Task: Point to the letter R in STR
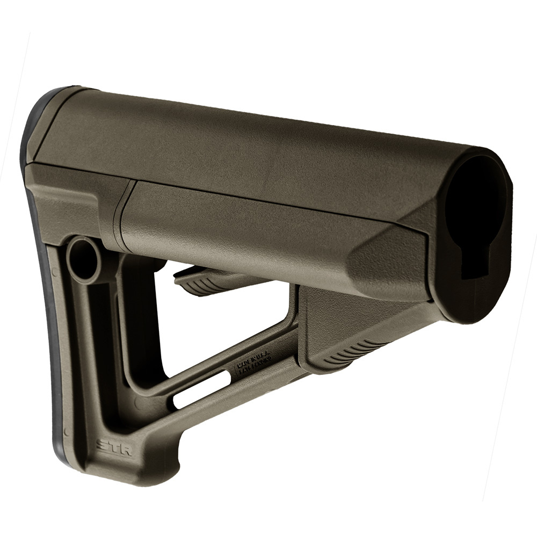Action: pyautogui.click(x=125, y=449)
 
